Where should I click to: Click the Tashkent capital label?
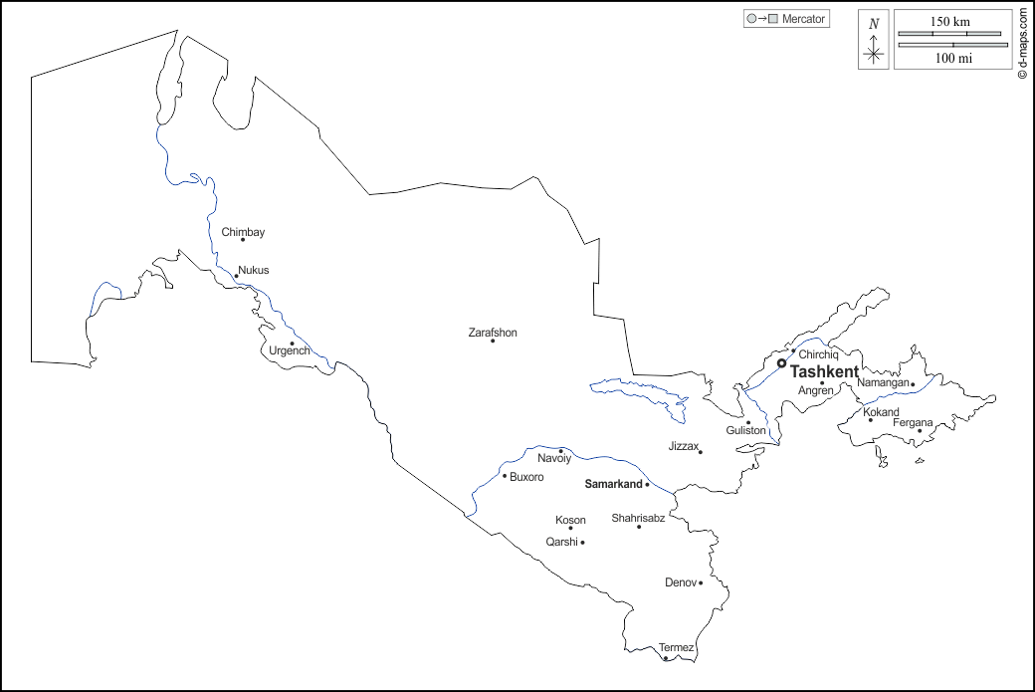point(824,371)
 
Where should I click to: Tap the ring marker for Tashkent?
point(781,363)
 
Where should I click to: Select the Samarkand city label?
point(613,484)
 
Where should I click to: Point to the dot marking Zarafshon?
point(493,342)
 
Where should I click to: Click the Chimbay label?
point(243,232)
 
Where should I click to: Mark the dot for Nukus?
point(236,277)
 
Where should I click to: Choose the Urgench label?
point(290,351)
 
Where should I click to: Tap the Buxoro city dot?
point(505,476)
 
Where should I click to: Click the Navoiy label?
point(554,459)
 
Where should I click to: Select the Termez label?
point(676,647)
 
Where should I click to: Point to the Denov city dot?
point(701,583)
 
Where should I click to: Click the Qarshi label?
point(561,542)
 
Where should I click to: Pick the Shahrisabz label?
point(638,518)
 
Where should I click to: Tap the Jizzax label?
point(684,446)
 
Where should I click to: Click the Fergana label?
point(913,423)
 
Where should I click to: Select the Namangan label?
point(883,382)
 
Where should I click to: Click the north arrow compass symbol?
point(874,41)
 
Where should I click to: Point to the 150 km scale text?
point(950,21)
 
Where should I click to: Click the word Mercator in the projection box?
point(804,19)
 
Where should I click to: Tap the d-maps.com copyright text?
point(1022,44)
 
